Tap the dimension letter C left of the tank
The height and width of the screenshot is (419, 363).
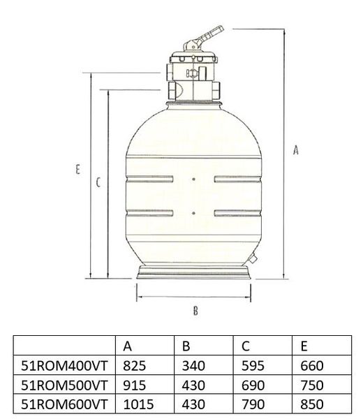click(x=99, y=182)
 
